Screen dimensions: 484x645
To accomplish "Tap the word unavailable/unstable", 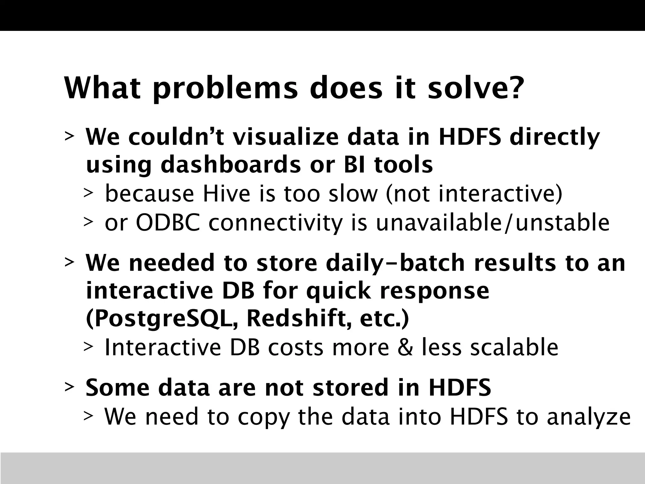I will (493, 222).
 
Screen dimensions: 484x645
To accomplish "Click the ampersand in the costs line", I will (405, 347).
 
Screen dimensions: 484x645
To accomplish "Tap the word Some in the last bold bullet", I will (117, 388).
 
